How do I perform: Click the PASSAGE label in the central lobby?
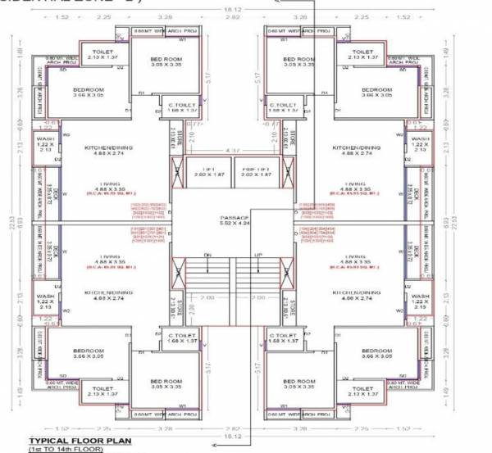(x=233, y=218)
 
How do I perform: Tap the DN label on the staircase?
(x=208, y=254)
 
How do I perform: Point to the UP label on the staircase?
(x=259, y=254)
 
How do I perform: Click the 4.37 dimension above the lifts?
(x=233, y=149)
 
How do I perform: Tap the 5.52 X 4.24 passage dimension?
(x=233, y=224)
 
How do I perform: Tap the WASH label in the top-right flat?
(x=421, y=138)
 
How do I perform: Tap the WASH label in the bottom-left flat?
(x=45, y=296)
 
